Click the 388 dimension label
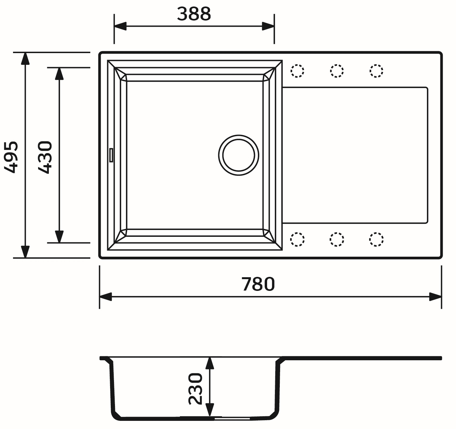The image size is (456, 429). (194, 14)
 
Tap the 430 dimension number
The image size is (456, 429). (45, 157)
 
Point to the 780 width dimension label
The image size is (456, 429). (258, 284)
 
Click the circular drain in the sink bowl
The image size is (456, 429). (239, 155)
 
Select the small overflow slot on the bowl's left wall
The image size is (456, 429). (111, 155)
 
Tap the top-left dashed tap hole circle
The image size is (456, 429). (297, 71)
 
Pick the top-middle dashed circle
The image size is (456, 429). (337, 71)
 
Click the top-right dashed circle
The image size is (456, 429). (377, 71)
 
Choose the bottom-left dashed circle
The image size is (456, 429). (297, 239)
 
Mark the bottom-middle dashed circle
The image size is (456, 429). (337, 239)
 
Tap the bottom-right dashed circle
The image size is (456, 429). (377, 239)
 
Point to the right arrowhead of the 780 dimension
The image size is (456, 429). (436, 297)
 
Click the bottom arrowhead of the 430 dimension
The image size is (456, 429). (59, 237)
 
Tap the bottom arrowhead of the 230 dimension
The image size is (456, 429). (210, 410)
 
